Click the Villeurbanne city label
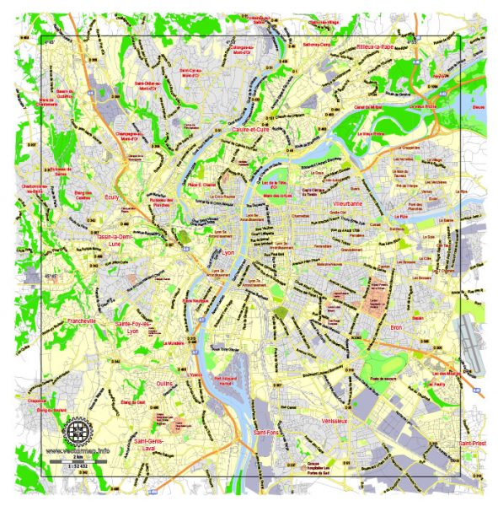[x=346, y=204]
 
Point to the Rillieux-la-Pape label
[x=375, y=47]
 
